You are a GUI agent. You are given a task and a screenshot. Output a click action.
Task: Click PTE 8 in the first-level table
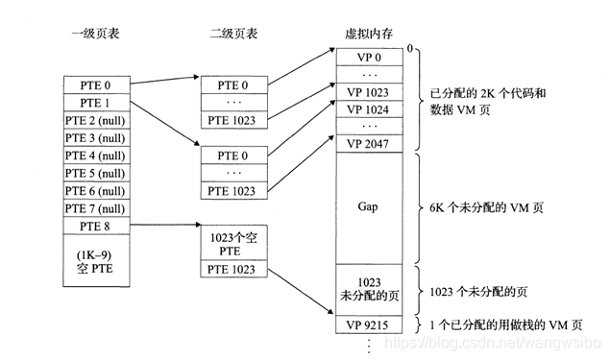coord(96,227)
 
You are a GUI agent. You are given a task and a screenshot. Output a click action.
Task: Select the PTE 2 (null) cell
coord(96,121)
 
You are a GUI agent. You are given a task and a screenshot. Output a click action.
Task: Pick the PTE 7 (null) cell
coord(96,208)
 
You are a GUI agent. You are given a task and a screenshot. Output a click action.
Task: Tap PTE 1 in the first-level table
coord(96,103)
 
